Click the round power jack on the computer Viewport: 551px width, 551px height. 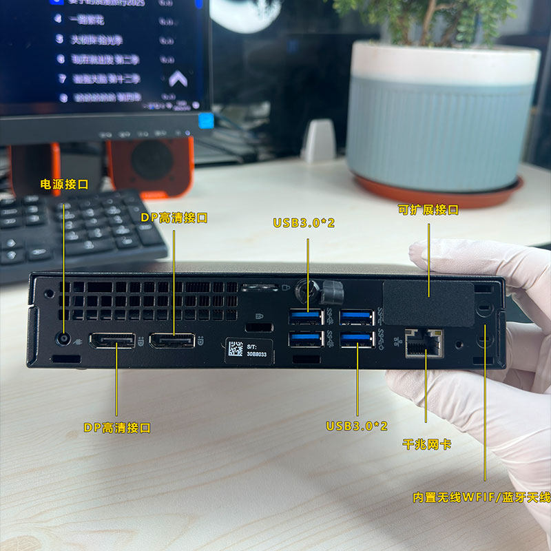(65, 339)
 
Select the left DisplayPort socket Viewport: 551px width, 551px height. (115, 340)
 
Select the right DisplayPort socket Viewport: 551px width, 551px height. (172, 340)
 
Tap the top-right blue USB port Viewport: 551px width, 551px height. (357, 318)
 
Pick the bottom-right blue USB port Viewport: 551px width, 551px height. (357, 339)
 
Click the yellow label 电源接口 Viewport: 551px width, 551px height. (65, 185)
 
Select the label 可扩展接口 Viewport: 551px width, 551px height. (428, 210)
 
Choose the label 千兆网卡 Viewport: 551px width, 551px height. (427, 444)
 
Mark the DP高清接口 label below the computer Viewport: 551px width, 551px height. (117, 428)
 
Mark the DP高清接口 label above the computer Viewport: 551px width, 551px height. (174, 218)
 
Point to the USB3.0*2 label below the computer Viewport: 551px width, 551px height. (357, 426)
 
